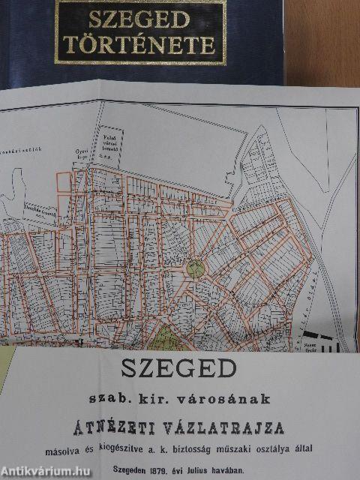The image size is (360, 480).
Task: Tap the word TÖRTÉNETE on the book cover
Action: [140, 45]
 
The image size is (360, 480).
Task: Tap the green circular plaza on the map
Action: [195, 268]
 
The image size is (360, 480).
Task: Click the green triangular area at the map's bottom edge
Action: [166, 340]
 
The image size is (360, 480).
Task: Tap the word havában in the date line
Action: [245, 464]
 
